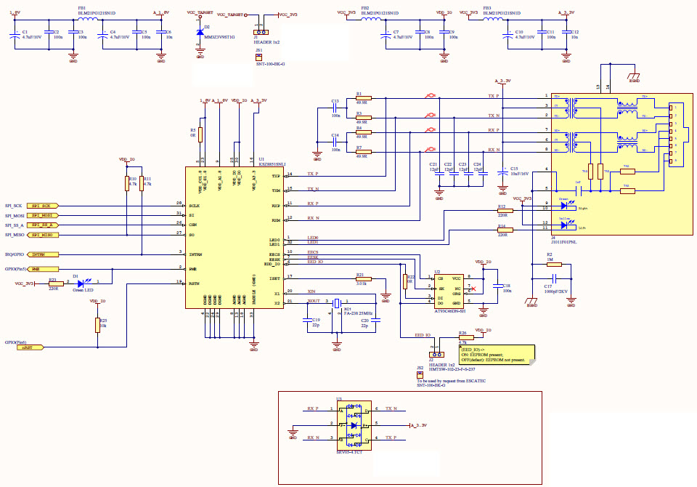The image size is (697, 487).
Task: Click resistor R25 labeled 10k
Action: tap(97, 325)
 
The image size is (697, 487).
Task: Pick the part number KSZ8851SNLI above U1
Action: tap(272, 165)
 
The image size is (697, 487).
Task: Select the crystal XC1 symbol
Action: tap(336, 305)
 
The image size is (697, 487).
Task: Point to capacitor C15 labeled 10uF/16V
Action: tap(502, 172)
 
